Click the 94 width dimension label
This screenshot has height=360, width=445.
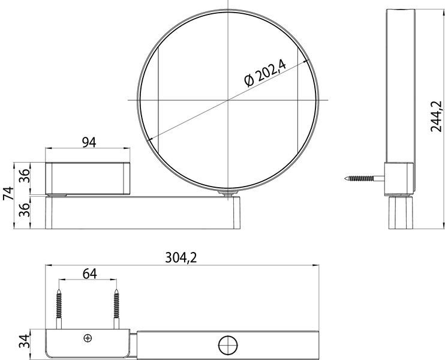tap(88, 142)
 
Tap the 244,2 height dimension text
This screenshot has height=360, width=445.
tap(437, 116)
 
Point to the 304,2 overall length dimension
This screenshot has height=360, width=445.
tap(181, 257)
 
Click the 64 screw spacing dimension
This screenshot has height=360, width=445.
tap(89, 273)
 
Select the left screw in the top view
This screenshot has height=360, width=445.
tap(60, 308)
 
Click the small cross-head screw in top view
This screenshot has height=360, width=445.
tap(88, 338)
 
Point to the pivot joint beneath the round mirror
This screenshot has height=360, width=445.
tap(227, 193)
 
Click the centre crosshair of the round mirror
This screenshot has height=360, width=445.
tap(227, 99)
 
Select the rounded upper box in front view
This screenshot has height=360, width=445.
tap(88, 178)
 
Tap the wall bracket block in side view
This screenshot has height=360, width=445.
tap(398, 178)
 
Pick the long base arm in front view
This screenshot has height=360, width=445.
tap(144, 214)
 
